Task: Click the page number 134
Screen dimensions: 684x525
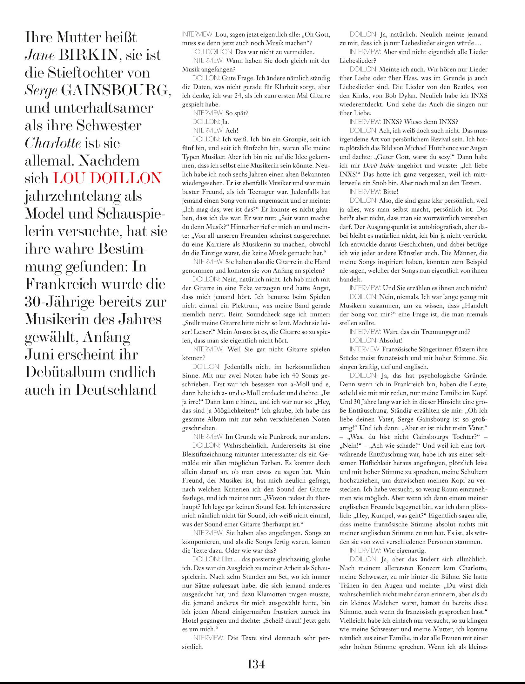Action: (x=256, y=664)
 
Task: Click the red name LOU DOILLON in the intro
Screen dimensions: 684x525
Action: (x=107, y=178)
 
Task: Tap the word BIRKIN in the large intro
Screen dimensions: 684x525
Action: (x=88, y=55)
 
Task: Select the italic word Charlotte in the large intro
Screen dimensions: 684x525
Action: (x=52, y=143)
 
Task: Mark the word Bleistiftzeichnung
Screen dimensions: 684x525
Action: (x=208, y=454)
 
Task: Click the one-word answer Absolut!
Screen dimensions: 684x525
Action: (x=391, y=340)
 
